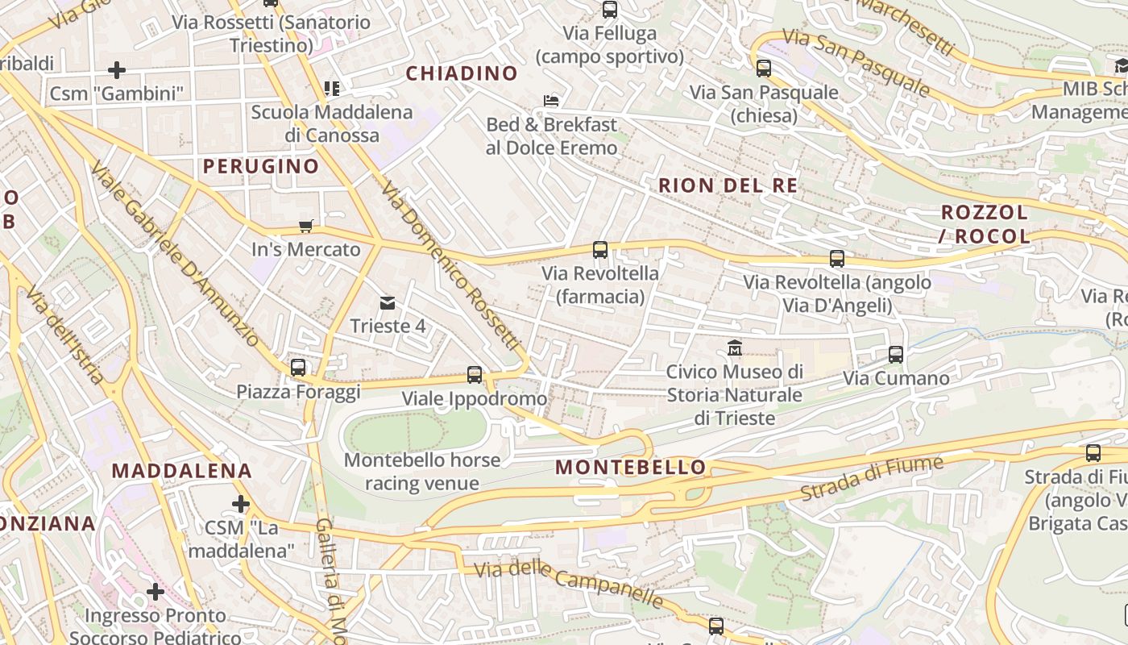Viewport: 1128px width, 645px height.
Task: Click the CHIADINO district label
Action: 462,73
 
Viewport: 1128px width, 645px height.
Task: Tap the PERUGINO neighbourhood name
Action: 261,166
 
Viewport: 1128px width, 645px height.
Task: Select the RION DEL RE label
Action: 728,185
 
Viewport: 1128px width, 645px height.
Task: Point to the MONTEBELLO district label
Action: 631,467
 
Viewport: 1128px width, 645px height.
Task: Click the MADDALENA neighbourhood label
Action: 182,470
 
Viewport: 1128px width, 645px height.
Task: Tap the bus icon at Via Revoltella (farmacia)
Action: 600,250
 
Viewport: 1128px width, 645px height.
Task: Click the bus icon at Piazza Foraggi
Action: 298,368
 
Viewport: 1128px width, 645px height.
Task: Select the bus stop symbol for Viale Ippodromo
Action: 475,375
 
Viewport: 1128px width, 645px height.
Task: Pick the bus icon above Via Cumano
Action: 896,355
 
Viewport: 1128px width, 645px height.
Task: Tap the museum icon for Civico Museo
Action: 735,348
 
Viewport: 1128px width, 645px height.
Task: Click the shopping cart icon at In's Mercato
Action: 305,227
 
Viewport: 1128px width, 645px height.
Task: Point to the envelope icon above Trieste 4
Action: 388,303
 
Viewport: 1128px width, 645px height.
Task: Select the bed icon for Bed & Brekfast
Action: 551,101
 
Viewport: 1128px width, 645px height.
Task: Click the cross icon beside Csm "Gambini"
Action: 117,70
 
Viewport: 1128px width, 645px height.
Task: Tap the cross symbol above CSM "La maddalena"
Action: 240,505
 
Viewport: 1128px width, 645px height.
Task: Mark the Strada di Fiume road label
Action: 872,479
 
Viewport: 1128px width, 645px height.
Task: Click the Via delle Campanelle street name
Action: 569,584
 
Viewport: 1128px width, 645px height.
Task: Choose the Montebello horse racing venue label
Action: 422,472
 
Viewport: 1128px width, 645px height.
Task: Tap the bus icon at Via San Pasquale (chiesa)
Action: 764,69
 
